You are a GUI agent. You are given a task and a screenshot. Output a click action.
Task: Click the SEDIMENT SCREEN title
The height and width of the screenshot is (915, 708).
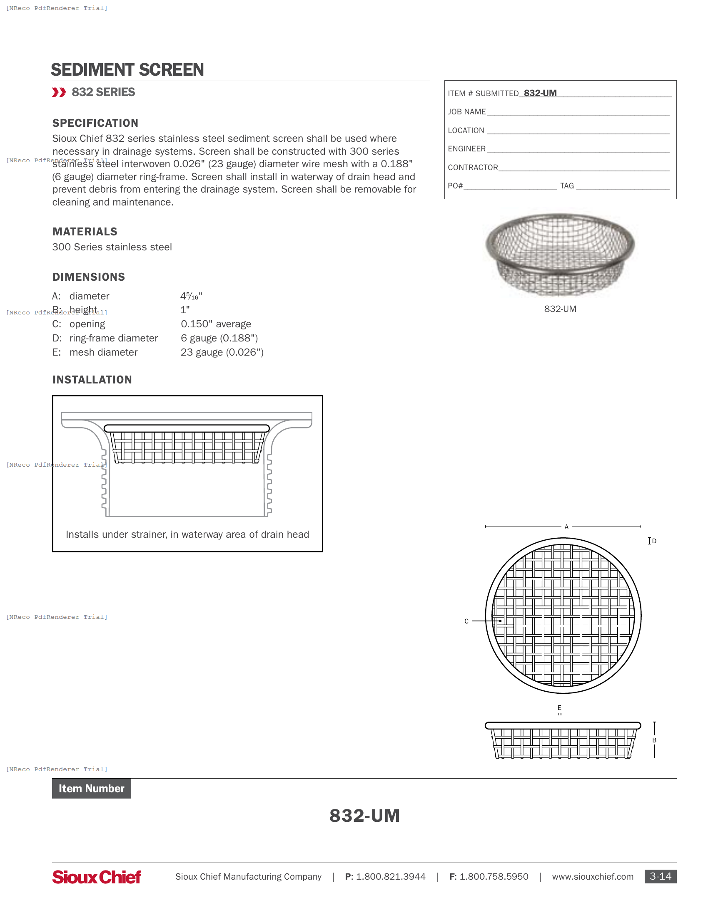coord(127,69)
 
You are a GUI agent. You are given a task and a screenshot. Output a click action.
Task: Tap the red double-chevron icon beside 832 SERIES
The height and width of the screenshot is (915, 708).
coord(59,92)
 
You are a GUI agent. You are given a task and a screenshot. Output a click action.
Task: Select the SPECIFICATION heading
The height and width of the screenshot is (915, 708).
coord(95,123)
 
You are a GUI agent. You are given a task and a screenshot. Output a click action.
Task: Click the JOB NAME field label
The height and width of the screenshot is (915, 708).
coord(466,112)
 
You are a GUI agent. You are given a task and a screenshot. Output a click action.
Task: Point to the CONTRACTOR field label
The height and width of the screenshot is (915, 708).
coord(473,168)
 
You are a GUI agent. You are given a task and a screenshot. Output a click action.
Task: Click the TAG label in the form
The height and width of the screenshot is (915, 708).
coord(567,186)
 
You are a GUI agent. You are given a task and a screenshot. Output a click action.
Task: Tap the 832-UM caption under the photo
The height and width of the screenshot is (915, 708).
coord(560,309)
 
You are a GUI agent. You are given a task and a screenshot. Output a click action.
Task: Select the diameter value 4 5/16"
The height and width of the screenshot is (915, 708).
coord(191,296)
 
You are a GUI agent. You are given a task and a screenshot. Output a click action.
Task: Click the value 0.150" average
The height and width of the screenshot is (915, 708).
coord(216,324)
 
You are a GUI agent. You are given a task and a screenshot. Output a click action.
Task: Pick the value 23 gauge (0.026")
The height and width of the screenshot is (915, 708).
coord(222,352)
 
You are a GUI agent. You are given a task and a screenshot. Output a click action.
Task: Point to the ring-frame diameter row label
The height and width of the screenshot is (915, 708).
coord(113,338)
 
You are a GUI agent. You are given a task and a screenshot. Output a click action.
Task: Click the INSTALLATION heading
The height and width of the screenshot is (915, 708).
coord(92,380)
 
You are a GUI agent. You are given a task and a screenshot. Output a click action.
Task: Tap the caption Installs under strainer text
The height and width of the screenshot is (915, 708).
coord(187,534)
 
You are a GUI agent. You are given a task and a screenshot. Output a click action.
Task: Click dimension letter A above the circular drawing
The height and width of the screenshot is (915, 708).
coord(566,527)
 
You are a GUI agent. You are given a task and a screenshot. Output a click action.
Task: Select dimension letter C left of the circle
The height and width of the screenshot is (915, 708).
coord(466,621)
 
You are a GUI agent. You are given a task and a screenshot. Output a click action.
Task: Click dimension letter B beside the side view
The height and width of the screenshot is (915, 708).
coord(654,740)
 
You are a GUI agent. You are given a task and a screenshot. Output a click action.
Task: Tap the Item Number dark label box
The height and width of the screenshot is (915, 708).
coord(92,789)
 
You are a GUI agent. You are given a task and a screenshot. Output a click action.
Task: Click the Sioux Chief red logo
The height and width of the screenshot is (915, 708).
coord(97,877)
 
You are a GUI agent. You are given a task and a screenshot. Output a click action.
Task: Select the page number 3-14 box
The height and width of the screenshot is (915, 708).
coord(660,876)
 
